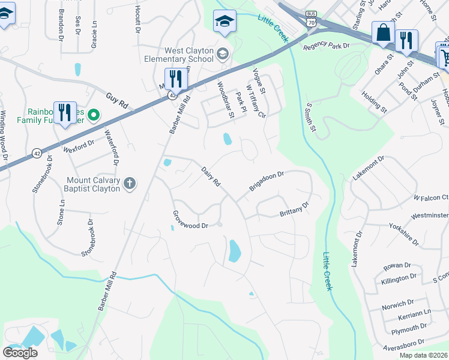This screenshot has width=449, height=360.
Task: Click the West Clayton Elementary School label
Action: pos(179,55)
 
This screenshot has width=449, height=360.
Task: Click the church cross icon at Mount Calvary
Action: pos(129,182)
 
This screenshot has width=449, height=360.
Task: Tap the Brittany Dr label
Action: pos(294,210)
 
